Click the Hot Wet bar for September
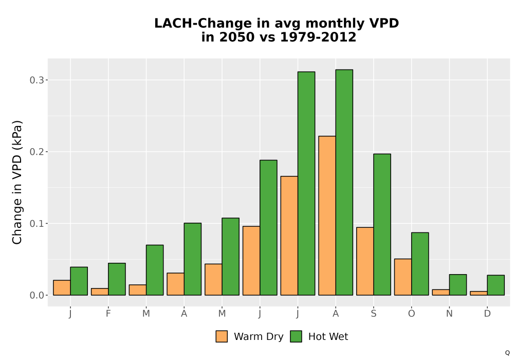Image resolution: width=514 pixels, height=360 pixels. pos(382,225)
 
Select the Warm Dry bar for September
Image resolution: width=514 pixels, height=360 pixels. pos(365,261)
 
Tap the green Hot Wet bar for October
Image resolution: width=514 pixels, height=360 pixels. pos(420,264)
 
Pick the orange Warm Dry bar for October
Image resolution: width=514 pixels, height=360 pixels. pos(403,277)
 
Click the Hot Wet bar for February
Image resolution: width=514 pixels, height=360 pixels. pos(117,279)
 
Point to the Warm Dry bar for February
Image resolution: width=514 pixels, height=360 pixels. pos(100,292)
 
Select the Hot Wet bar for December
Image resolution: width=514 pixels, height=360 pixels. pos(495,285)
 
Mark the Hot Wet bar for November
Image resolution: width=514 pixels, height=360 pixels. pos(458,285)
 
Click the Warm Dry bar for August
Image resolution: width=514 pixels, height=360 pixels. pos(327,215)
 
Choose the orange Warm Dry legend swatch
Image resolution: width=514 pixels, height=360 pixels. pos(222,336)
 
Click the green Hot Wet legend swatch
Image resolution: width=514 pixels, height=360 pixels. pos(296,336)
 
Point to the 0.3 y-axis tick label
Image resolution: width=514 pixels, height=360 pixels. pos(36,80)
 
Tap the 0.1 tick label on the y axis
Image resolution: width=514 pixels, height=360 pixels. pos(36,224)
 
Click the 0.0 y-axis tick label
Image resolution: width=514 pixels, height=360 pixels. pos(36,295)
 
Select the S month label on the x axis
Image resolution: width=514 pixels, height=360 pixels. pos(374,314)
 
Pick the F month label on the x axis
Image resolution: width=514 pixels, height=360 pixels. pos(108,314)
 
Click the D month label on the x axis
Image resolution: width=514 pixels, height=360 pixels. pos(487,314)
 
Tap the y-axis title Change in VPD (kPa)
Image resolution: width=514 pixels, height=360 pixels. pos(17,183)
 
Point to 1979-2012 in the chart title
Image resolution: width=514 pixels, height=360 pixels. pos(318,37)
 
